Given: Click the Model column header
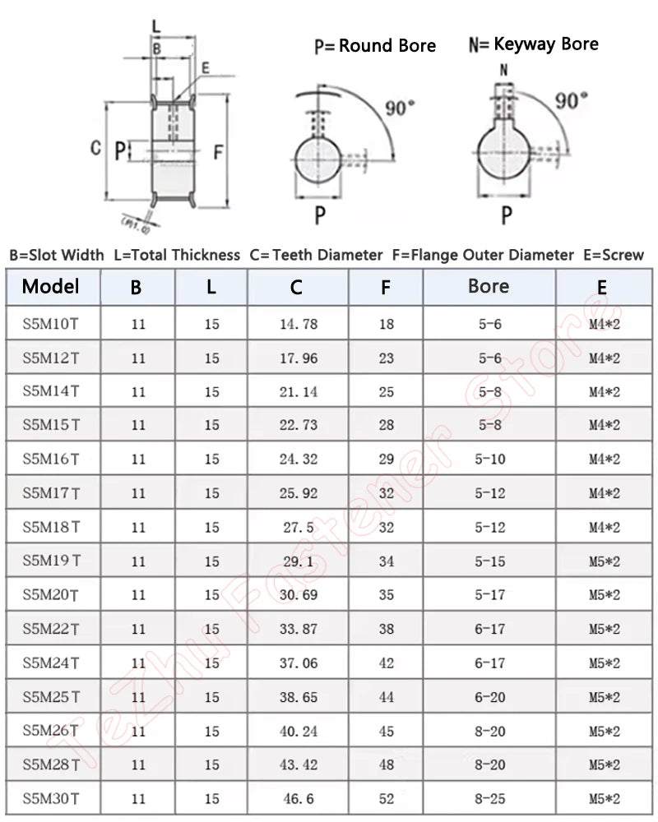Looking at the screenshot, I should click(51, 287).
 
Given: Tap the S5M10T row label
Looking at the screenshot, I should click(51, 323).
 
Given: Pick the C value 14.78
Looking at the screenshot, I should click(299, 324).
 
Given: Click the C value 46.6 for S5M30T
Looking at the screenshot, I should click(299, 798).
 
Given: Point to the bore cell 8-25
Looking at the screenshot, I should click(489, 798).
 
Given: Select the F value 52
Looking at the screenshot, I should click(387, 798).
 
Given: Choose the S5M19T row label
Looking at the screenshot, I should click(51, 561).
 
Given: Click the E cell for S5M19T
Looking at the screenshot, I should click(605, 561).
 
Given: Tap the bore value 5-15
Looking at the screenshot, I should click(489, 561).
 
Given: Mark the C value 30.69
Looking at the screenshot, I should click(299, 595).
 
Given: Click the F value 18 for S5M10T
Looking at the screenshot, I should click(387, 324).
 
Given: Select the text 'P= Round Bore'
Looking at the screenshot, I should click(375, 46).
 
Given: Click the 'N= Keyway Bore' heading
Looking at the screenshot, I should click(534, 44).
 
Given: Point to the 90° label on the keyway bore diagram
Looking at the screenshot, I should click(571, 100).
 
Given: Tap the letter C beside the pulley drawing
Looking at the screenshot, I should click(95, 148).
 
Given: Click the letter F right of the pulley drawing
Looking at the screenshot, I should click(219, 152).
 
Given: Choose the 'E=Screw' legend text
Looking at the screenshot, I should click(613, 255).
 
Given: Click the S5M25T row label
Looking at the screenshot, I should click(51, 696).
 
